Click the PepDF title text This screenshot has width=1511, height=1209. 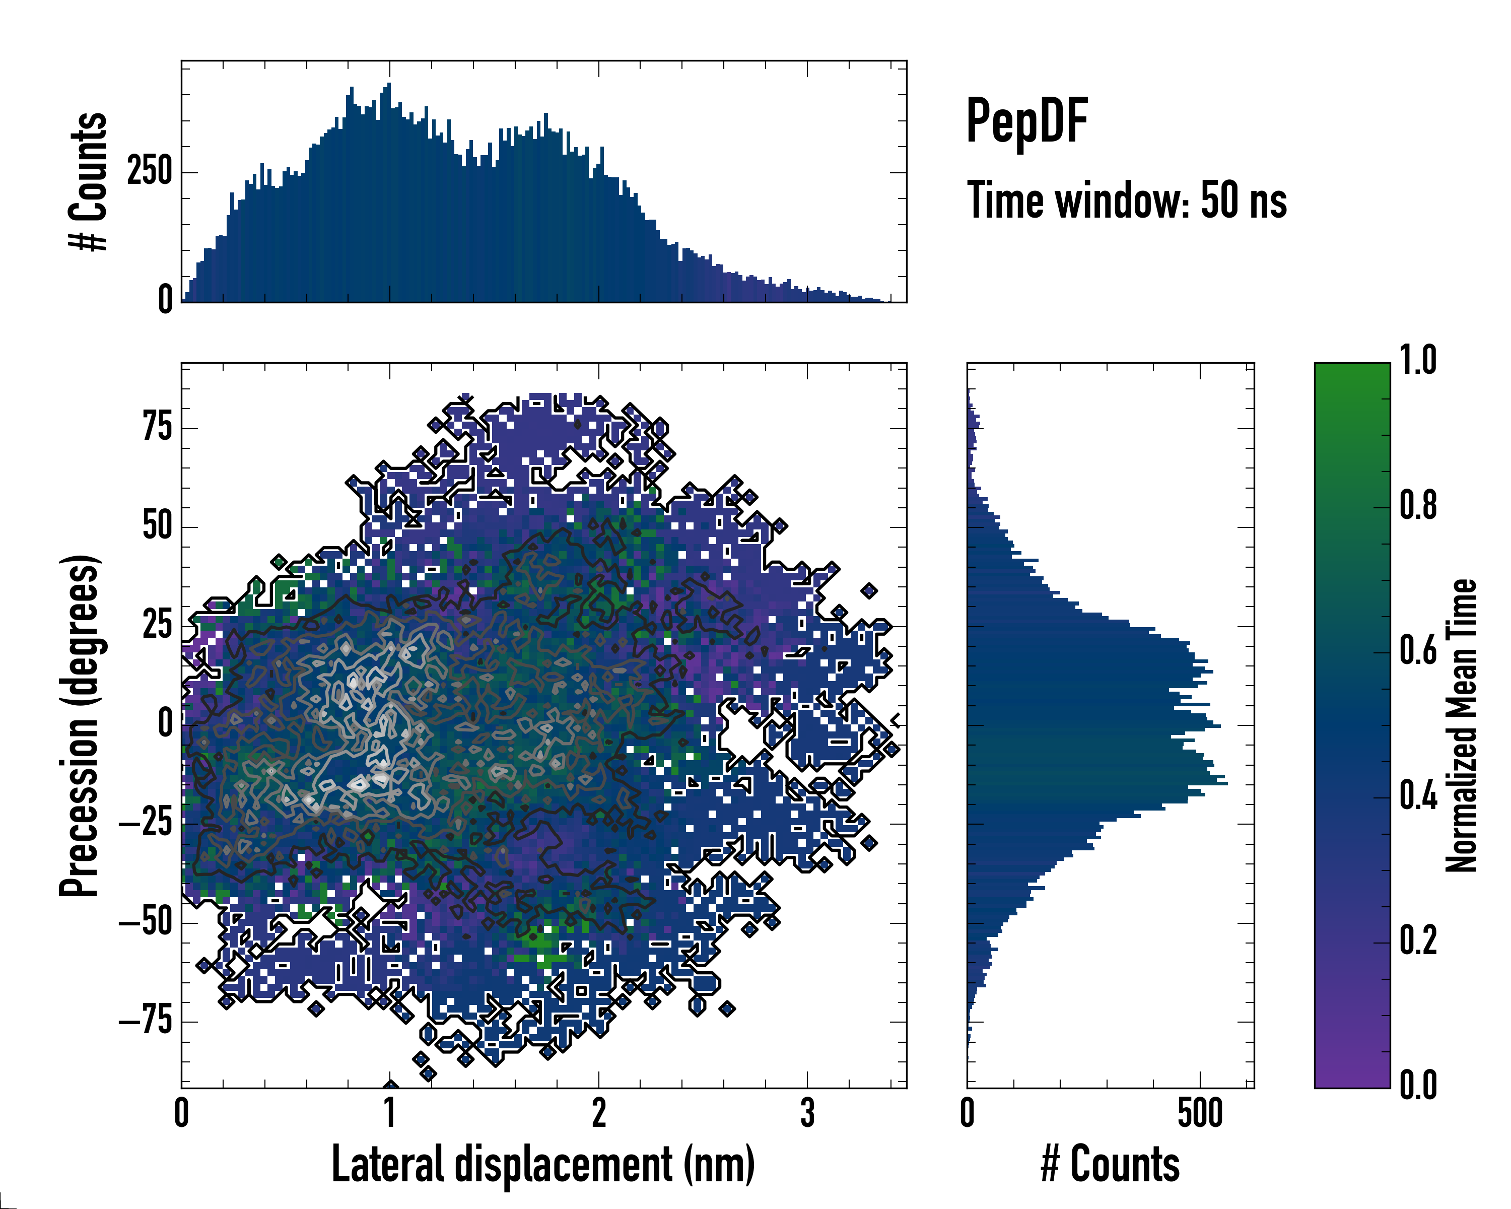(x=1026, y=122)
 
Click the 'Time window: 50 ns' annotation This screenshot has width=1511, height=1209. (x=1126, y=201)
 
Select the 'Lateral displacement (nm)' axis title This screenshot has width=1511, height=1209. (x=543, y=1164)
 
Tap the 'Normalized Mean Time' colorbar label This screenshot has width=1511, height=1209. (x=1461, y=725)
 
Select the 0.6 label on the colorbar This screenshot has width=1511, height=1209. (x=1418, y=650)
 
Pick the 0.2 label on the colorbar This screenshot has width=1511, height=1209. (x=1418, y=941)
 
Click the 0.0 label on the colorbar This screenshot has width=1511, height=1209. (x=1418, y=1085)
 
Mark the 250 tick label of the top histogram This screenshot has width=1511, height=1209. (x=149, y=172)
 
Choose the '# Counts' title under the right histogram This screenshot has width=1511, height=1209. (x=1110, y=1164)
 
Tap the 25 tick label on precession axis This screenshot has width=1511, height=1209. (x=158, y=625)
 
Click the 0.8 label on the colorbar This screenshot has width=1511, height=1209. (x=1418, y=505)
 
